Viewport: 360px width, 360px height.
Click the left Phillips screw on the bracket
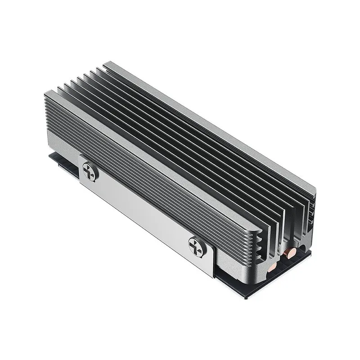click(89, 172)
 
